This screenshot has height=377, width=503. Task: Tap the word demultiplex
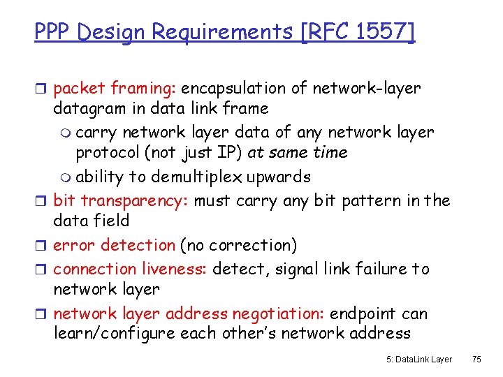click(x=223, y=176)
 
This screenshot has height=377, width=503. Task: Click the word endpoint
click(x=367, y=314)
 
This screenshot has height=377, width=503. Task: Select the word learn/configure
click(x=114, y=334)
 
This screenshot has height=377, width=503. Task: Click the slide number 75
click(x=476, y=360)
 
